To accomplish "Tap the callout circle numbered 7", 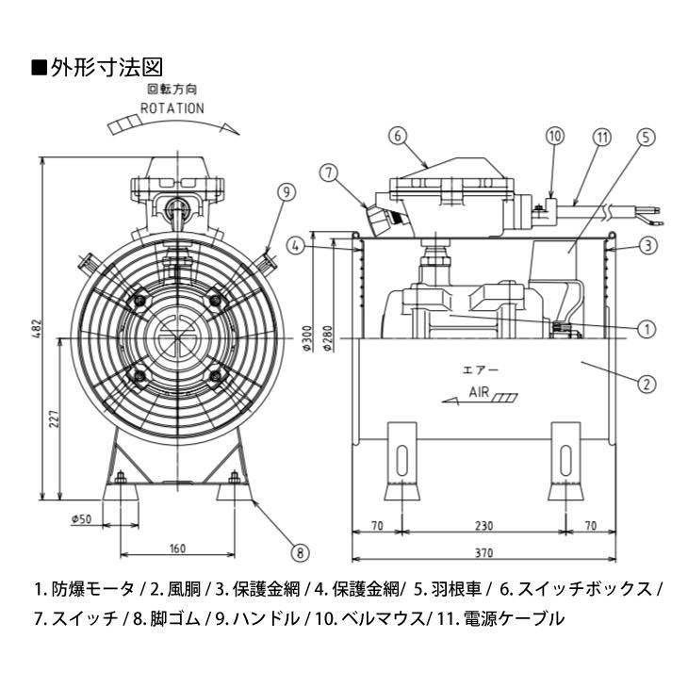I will [327, 172].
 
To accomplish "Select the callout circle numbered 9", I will [287, 191].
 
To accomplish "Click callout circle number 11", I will [601, 136].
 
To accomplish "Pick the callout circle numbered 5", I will [645, 136].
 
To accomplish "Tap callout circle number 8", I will [300, 552].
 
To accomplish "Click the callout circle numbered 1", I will [646, 329].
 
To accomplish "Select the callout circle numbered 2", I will [646, 384].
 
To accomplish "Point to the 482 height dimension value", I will [36, 327].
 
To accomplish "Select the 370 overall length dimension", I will [483, 551].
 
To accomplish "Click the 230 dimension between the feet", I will [483, 526].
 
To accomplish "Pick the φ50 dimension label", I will [80, 518].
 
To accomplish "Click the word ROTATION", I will [172, 108].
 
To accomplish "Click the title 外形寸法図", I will [106, 68].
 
